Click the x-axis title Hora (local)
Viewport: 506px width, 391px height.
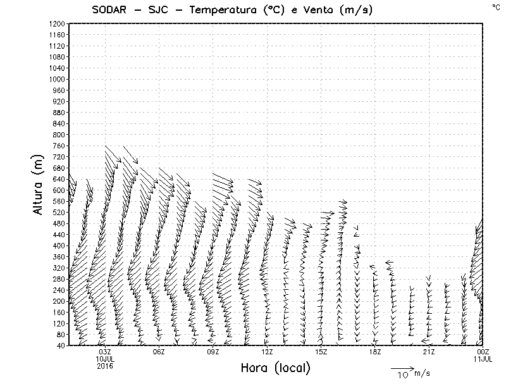point(275,368)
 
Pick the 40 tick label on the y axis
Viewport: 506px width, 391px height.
point(61,345)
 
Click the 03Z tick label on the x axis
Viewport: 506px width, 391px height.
point(105,352)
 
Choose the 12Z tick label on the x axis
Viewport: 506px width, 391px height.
point(267,352)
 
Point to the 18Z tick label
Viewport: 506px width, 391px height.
point(375,352)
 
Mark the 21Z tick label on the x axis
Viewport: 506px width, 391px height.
point(429,352)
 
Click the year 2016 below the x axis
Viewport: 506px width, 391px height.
point(105,366)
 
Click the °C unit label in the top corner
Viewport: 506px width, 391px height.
point(495,6)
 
